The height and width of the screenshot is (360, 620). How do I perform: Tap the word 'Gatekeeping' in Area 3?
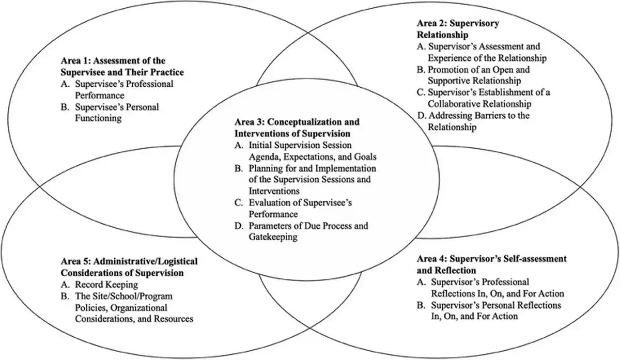273,237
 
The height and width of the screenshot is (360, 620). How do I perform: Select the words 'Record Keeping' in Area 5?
106,285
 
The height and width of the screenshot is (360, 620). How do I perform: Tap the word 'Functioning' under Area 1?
98,118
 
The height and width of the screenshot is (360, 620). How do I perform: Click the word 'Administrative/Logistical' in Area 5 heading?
145,261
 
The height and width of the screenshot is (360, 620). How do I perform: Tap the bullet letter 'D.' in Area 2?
422,115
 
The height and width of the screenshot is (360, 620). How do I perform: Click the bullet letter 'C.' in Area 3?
239,202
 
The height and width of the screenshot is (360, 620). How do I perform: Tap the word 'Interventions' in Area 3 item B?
274,191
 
